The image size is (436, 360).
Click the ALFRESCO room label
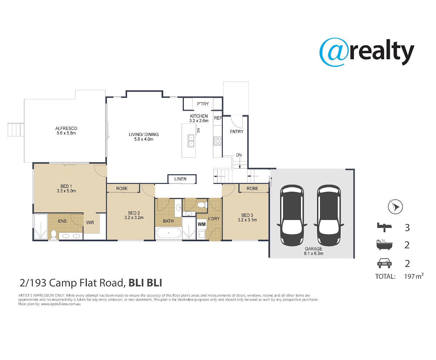point(66,129)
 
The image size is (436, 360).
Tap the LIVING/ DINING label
point(144,134)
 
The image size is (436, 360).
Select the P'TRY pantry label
point(203,104)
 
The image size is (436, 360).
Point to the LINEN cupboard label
point(180,179)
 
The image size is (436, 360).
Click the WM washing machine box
point(202,224)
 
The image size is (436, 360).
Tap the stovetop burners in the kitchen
point(217,141)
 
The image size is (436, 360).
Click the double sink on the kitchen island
point(191,141)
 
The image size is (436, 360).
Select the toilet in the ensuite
point(54,235)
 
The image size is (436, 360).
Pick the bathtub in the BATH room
point(169,232)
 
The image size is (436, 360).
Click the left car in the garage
point(292,215)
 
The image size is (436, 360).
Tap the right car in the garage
point(329,215)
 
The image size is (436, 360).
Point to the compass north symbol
point(395,207)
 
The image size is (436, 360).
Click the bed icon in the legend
point(384,227)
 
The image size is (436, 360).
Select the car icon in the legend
point(384,263)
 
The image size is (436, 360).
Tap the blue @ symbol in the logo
point(334,52)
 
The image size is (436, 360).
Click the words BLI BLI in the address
point(145,283)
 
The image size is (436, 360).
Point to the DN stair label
point(239,155)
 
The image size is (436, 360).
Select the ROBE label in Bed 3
point(252,189)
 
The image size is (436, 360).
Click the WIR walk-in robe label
point(90,223)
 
